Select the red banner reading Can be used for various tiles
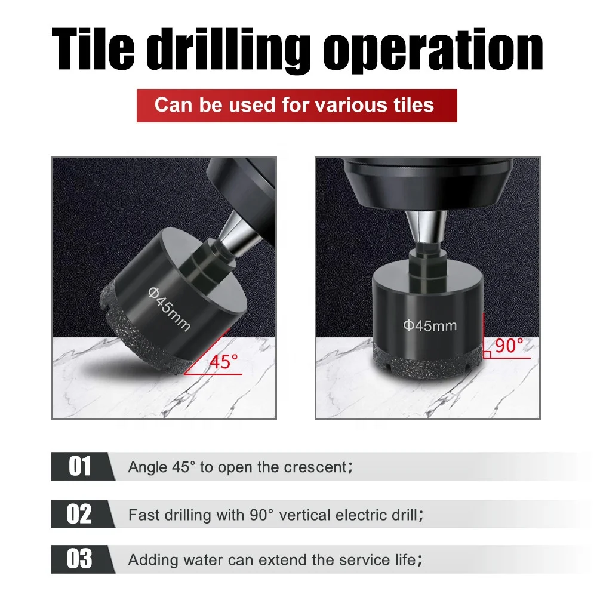pyautogui.click(x=297, y=105)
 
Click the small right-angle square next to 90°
pyautogui.click(x=487, y=354)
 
